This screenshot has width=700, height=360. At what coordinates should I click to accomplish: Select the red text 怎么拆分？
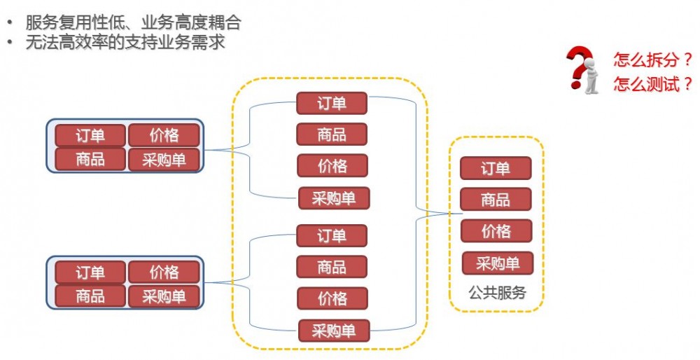[652, 59]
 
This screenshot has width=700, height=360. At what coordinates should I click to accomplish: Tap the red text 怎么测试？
[652, 85]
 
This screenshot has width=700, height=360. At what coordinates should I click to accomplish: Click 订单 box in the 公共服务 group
[496, 168]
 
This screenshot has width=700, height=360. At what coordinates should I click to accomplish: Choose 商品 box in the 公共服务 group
[496, 200]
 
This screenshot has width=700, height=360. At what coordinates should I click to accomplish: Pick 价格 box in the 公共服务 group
[496, 231]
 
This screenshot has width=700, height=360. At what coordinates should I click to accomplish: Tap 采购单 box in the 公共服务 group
[498, 263]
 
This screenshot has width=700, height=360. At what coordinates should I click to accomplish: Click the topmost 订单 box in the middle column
[332, 103]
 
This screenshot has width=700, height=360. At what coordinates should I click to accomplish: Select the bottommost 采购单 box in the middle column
[333, 330]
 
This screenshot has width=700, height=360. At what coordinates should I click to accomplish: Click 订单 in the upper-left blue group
[90, 135]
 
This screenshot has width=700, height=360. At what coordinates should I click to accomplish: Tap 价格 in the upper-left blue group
[164, 135]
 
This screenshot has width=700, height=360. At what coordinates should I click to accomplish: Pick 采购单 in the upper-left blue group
[164, 160]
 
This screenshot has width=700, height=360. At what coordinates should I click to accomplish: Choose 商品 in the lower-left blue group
[90, 296]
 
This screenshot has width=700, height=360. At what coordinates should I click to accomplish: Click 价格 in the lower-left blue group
[164, 272]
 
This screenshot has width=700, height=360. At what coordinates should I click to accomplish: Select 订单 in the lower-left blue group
[90, 272]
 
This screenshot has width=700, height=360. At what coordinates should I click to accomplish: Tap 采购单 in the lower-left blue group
[164, 296]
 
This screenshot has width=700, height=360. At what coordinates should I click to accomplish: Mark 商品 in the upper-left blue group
[90, 160]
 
